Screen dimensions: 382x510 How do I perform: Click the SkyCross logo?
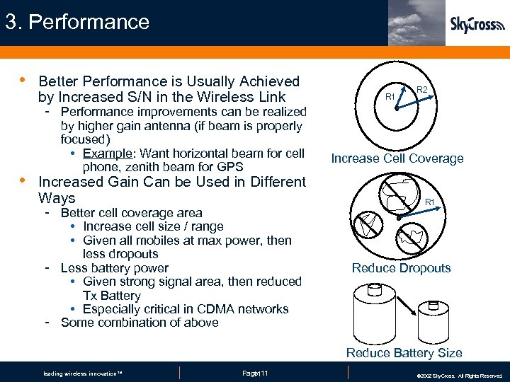[x=477, y=25]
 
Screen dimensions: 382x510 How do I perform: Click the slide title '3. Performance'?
[x=77, y=22]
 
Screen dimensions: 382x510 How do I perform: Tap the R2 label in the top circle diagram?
[x=421, y=90]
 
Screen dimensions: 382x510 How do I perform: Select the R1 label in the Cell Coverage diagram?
[x=389, y=95]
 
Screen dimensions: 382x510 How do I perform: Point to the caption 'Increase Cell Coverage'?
[x=397, y=158]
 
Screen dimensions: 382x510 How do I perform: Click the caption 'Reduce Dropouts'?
[x=401, y=268]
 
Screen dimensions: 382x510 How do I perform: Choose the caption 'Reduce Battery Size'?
[x=404, y=352]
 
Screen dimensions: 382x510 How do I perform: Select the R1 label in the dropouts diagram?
[x=429, y=203]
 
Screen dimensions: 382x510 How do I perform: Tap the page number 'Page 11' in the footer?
[x=255, y=373]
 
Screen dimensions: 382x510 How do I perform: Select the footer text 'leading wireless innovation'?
[x=83, y=374]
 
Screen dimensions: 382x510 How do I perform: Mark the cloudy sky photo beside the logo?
[x=416, y=23]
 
